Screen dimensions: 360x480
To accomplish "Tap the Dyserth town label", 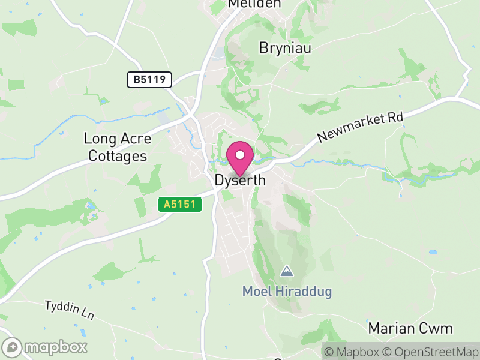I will pyautogui.click(x=240, y=180).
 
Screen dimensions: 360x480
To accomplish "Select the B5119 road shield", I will pyautogui.click(x=149, y=79).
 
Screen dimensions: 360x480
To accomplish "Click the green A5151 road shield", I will pyautogui.click(x=180, y=205).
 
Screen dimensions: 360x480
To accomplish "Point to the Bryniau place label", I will pyautogui.click(x=285, y=48).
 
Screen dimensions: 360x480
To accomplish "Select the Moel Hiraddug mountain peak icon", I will pyautogui.click(x=287, y=271).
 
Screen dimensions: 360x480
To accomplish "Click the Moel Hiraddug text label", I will pyautogui.click(x=287, y=292).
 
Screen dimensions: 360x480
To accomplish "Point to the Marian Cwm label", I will pyautogui.click(x=410, y=328).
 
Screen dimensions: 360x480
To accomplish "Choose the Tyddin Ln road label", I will pyautogui.click(x=70, y=310).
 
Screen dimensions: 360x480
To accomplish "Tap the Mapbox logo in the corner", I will pyautogui.click(x=46, y=347).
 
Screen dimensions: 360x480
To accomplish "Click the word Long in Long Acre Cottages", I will pyautogui.click(x=97, y=139).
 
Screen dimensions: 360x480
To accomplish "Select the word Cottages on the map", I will pyautogui.click(x=118, y=156).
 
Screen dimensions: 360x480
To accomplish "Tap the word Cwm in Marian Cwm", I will pyautogui.click(x=439, y=328).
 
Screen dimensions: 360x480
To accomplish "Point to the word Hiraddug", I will pyautogui.click(x=305, y=292).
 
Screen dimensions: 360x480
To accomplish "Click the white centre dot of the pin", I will pyautogui.click(x=240, y=155).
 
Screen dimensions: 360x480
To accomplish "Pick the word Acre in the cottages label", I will pyautogui.click(x=133, y=139).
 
